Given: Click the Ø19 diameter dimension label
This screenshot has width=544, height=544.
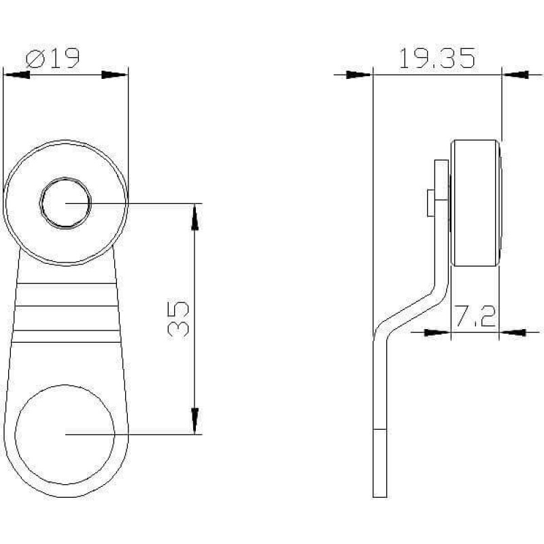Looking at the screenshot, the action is pyautogui.click(x=53, y=58).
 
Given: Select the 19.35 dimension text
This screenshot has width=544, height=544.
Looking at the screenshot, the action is pyautogui.click(x=437, y=58).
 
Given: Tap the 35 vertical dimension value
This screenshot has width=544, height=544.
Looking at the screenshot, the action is pyautogui.click(x=178, y=319).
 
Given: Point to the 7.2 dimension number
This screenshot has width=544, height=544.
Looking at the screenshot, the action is pyautogui.click(x=475, y=316).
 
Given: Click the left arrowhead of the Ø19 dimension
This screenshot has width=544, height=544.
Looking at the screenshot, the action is pyautogui.click(x=16, y=75).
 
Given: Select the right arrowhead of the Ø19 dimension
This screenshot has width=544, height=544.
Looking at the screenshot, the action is pyautogui.click(x=114, y=75).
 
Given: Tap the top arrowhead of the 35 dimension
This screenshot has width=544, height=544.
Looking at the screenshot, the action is pyautogui.click(x=195, y=217).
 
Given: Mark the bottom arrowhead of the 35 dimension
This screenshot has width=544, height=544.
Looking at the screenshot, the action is pyautogui.click(x=195, y=421).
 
